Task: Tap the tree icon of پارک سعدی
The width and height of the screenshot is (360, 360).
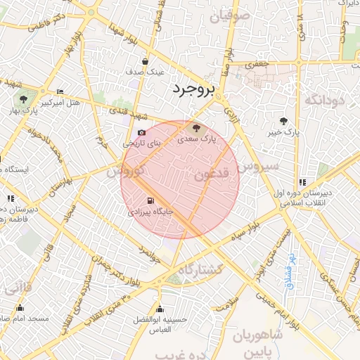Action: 196,129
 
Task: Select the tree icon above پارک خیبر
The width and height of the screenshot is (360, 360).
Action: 283,121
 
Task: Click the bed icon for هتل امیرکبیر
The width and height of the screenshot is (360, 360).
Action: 60,92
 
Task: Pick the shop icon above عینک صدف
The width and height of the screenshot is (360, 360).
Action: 145,61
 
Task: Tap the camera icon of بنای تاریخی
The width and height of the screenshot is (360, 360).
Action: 142,132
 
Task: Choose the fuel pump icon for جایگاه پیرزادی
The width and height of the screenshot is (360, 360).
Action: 149,200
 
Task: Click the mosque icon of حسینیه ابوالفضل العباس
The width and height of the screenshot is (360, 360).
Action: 160,309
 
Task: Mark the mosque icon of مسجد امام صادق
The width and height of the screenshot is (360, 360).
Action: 20,308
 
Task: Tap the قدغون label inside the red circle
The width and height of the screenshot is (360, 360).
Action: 210,174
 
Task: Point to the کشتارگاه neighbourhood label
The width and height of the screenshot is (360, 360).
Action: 200,271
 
